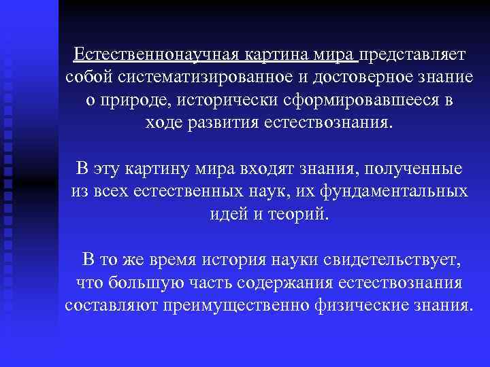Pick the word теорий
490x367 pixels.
301,215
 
